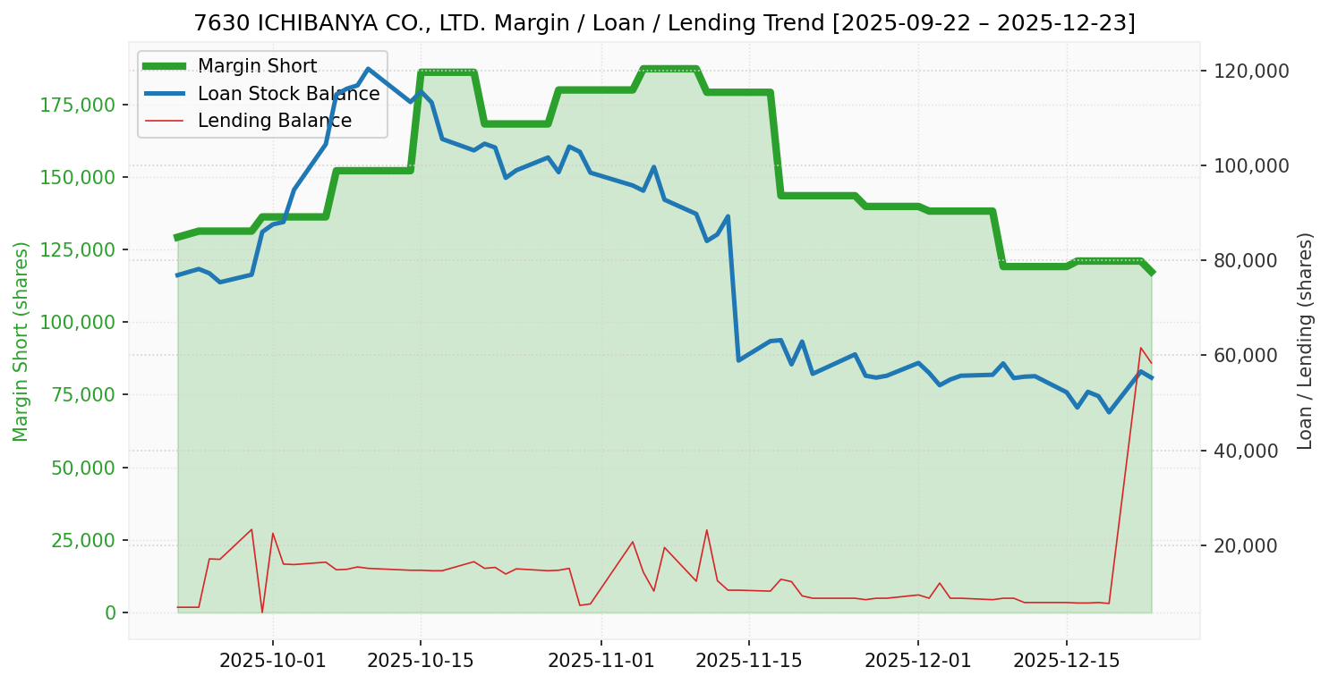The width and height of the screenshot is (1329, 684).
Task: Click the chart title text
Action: tap(664, 23)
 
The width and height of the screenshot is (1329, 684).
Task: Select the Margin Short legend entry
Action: tap(257, 66)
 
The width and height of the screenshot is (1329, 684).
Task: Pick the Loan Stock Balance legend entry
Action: tap(288, 94)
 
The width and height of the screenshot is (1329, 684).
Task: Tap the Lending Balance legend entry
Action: tap(274, 121)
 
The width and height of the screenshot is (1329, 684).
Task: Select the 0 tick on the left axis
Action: tap(110, 612)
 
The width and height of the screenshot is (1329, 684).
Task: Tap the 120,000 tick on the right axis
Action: tap(1250, 71)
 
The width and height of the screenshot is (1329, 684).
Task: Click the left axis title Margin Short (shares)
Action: tap(21, 342)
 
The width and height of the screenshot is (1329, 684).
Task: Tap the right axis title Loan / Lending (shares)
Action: tap(1305, 342)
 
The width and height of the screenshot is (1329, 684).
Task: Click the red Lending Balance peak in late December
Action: tap(1141, 348)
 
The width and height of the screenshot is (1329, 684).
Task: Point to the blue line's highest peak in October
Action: tap(368, 69)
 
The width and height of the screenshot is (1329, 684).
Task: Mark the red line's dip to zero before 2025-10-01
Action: tap(262, 612)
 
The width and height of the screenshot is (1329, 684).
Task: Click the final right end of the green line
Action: tap(1152, 272)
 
